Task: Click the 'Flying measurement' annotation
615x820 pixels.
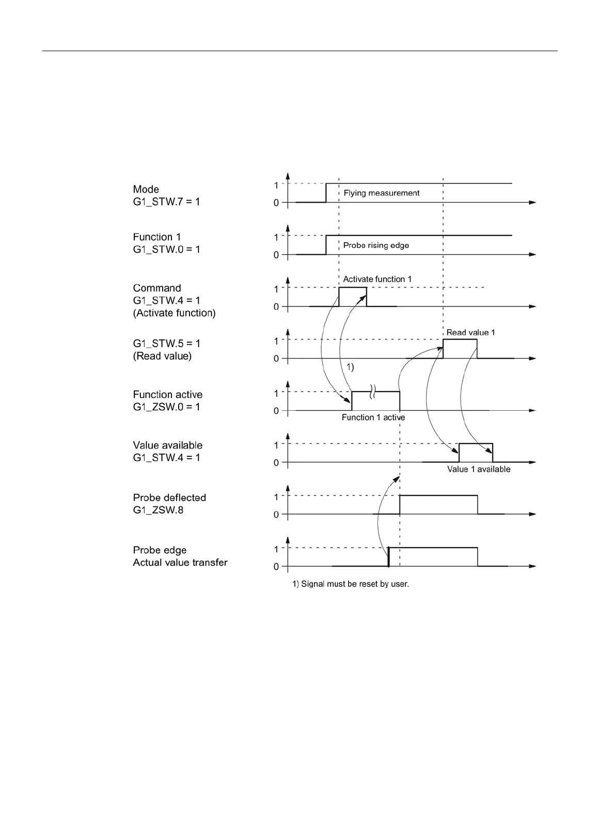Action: click(382, 193)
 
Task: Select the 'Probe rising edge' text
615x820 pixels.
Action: click(376, 245)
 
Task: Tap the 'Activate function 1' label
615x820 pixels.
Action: click(377, 279)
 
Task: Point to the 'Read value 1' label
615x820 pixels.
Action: click(470, 332)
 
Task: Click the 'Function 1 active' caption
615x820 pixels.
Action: click(373, 417)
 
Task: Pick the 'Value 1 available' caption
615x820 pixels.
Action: click(479, 469)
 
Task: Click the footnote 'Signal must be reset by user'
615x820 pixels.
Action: click(351, 584)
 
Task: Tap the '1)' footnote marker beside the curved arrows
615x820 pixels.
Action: click(350, 367)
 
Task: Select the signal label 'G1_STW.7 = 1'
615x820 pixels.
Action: click(166, 202)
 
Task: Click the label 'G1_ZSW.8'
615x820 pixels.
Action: click(158, 510)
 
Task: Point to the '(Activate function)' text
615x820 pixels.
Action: click(174, 313)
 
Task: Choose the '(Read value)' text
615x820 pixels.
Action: click(162, 356)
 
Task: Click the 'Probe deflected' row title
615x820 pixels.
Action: click(169, 498)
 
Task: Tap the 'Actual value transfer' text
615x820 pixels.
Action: click(180, 562)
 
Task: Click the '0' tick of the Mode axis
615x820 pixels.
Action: click(276, 203)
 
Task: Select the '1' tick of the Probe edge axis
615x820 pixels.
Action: click(276, 549)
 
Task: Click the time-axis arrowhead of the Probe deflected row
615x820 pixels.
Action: click(533, 514)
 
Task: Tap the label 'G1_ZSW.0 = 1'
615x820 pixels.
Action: click(166, 407)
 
